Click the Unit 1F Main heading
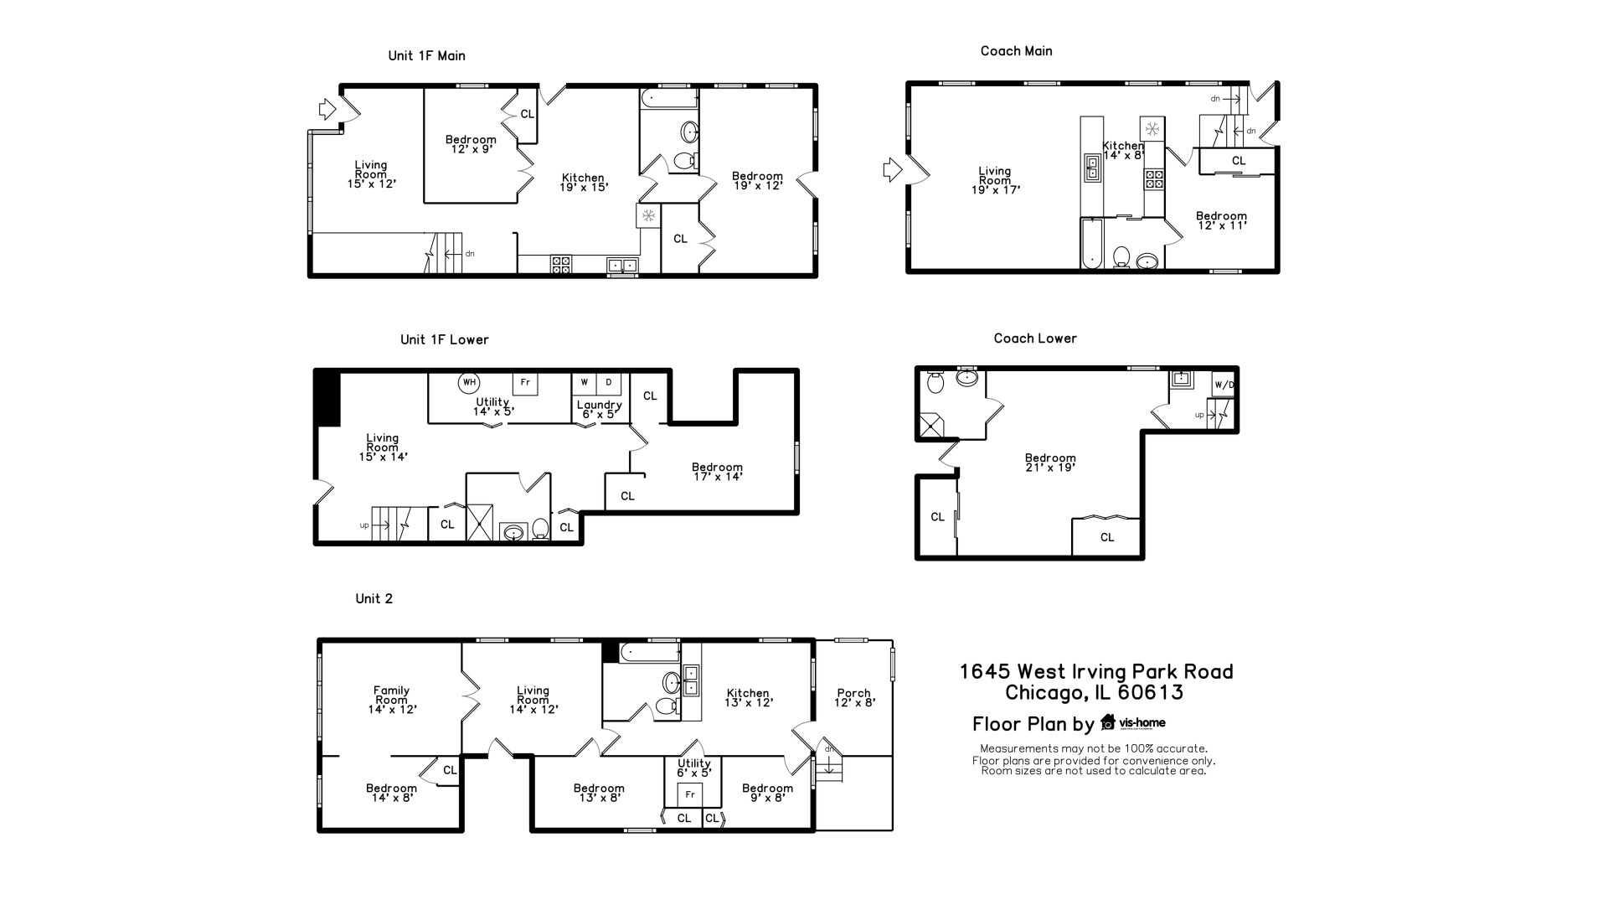426,56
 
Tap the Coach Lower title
1035,339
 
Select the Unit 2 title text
374,598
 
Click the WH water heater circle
469,382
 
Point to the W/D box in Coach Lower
1224,385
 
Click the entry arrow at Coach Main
893,170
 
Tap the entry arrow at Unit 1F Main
327,109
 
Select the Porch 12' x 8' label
854,698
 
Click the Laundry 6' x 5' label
599,409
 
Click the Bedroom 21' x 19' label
1050,463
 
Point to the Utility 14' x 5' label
492,407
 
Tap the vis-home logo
1132,722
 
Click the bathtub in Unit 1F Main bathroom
669,99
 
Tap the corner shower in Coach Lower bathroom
930,426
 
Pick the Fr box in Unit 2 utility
690,794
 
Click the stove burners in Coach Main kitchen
1154,178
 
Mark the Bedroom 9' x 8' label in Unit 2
767,793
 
